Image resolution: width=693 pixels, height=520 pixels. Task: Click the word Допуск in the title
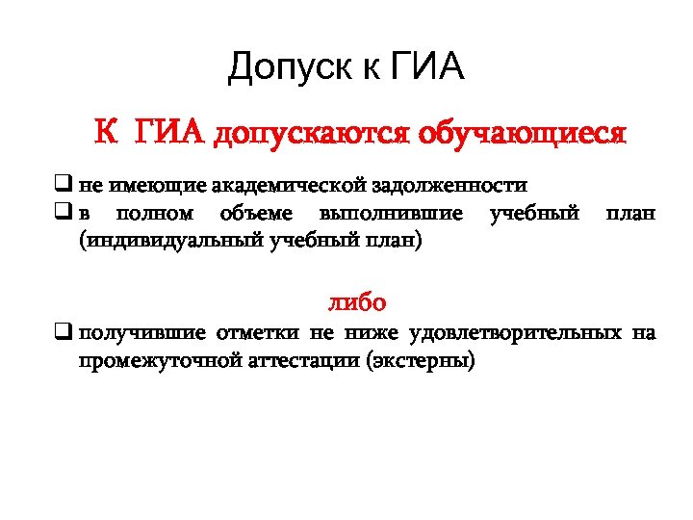(x=293, y=68)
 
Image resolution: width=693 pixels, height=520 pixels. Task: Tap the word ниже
(x=374, y=334)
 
